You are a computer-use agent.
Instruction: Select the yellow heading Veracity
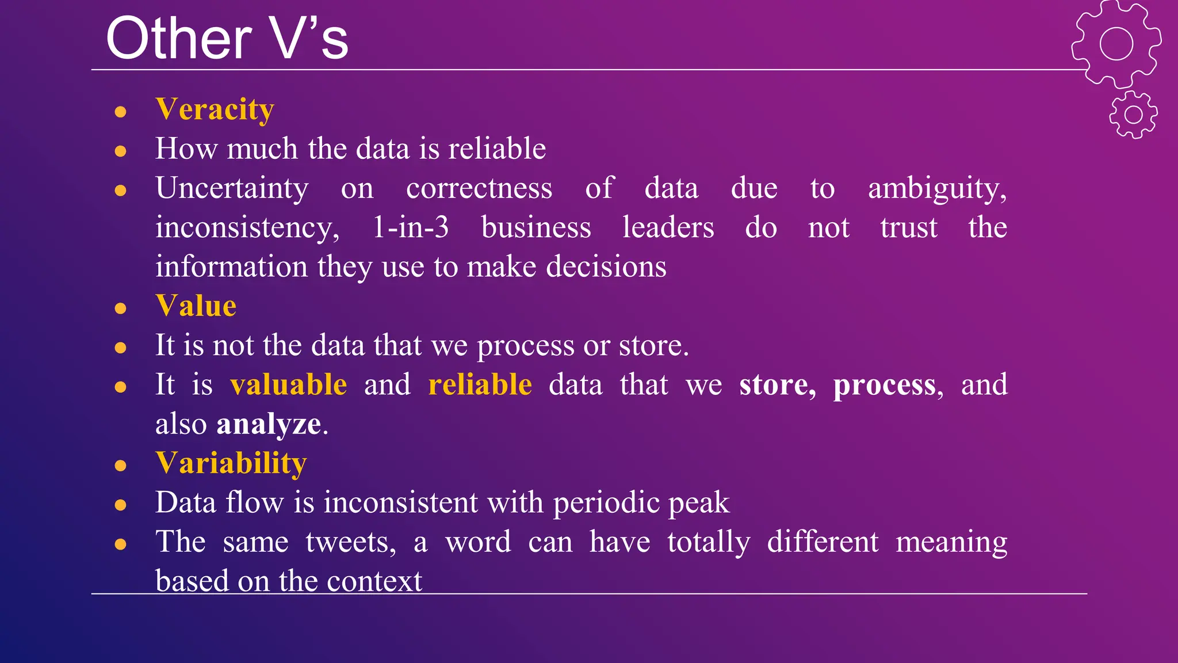pos(215,109)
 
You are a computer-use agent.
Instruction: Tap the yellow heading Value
pos(196,306)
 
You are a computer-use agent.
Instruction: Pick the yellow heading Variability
pos(231,463)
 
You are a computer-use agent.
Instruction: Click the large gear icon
pos(1116,44)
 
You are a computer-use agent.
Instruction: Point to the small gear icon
pos(1133,115)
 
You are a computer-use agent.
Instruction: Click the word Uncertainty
pos(232,188)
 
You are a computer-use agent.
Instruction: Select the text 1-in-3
pos(410,227)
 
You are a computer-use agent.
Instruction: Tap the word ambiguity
pos(937,188)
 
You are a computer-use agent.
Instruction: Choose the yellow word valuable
pos(288,384)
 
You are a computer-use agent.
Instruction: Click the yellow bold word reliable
pos(480,384)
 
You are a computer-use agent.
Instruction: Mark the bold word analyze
pos(269,424)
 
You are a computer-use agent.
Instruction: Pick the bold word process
pos(884,385)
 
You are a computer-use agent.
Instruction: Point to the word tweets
pos(350,542)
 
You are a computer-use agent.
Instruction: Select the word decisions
pos(606,266)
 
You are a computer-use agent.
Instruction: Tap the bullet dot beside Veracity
pos(120,111)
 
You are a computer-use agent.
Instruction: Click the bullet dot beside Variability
pos(120,465)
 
